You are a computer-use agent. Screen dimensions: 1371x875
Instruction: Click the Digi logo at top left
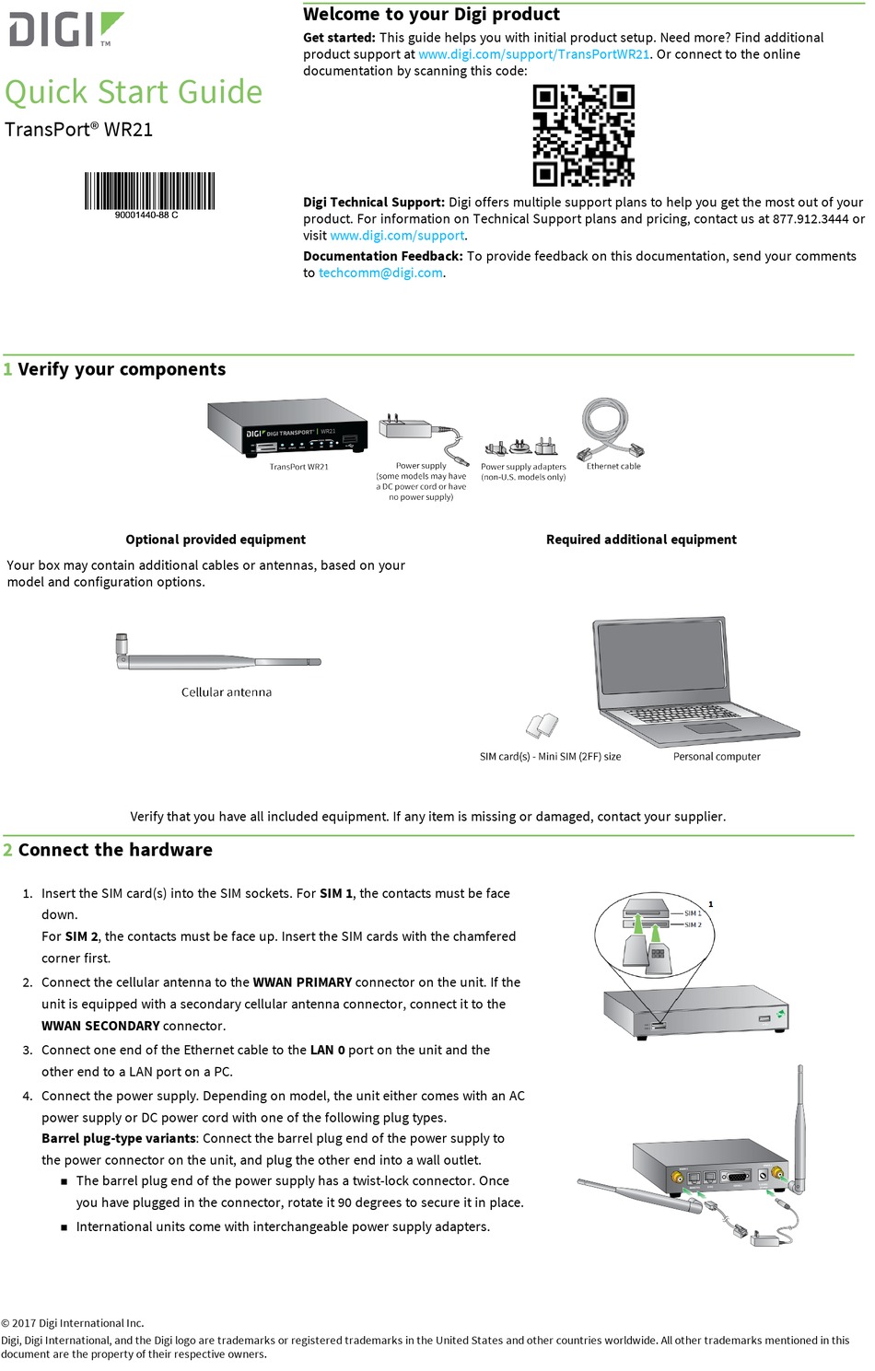64,29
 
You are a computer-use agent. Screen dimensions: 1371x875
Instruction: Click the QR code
583,135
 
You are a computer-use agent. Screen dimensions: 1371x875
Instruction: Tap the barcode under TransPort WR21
149,191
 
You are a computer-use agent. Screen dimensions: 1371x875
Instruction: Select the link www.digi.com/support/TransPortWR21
534,54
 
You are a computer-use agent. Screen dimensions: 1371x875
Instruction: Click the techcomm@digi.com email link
380,273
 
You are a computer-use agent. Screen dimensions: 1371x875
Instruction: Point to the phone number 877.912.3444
811,219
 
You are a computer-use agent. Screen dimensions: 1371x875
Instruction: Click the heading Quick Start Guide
134,92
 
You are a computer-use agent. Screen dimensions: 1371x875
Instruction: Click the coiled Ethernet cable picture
608,428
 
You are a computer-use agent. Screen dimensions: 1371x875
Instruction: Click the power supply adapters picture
521,447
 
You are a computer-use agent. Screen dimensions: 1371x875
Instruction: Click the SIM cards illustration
542,726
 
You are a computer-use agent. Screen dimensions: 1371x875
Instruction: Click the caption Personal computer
717,757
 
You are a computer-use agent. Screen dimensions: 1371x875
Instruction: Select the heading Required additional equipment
641,540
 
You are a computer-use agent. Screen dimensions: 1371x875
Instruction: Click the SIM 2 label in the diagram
693,924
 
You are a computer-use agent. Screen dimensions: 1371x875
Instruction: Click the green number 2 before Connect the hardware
8,850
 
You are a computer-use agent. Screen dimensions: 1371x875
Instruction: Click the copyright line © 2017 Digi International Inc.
73,1323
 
